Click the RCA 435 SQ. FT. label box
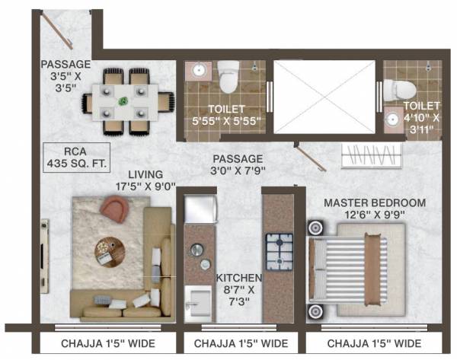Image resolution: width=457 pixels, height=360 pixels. point(74,155)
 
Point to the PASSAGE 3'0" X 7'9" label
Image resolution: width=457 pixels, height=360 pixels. point(239,164)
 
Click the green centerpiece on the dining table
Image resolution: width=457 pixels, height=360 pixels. point(123,99)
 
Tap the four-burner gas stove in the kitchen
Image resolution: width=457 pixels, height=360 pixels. point(280,248)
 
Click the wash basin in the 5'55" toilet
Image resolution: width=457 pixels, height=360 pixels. point(198,70)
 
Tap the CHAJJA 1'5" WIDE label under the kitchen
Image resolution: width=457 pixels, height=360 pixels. point(241,343)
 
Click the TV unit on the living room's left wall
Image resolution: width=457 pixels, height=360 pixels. point(46,240)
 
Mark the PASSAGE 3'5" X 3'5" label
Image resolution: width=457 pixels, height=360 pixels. point(66,70)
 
